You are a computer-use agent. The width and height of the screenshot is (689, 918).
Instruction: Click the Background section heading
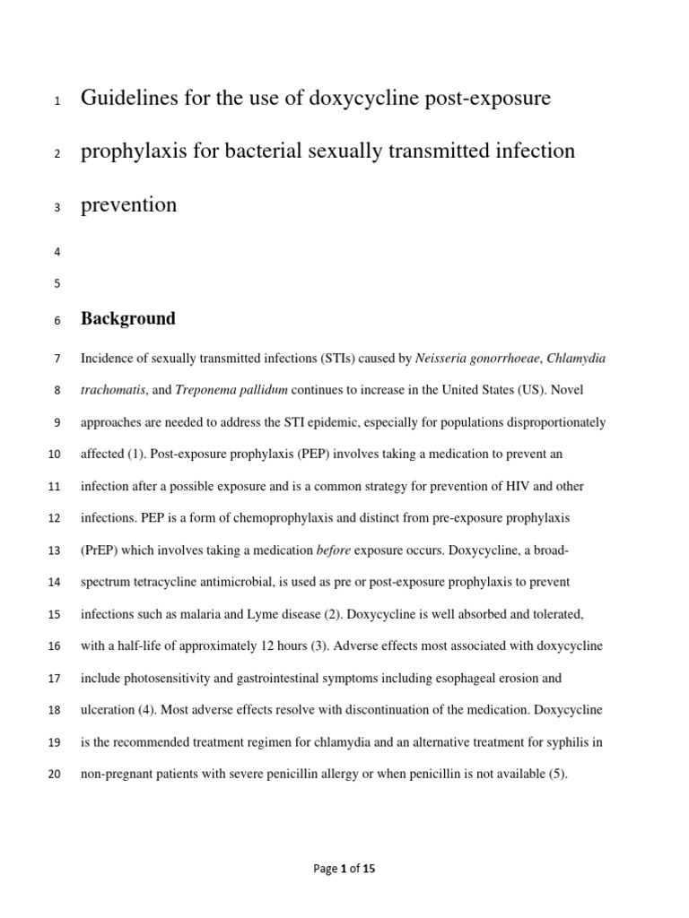[x=128, y=318]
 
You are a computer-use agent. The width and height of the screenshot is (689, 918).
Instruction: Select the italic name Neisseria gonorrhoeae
[x=479, y=359]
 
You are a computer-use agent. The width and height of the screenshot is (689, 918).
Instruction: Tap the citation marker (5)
[x=557, y=774]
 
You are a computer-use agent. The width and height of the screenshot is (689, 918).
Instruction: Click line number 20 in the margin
[x=54, y=775]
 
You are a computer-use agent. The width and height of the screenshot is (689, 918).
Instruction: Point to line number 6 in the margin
[x=57, y=320]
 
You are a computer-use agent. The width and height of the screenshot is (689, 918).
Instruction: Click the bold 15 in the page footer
[x=369, y=869]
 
